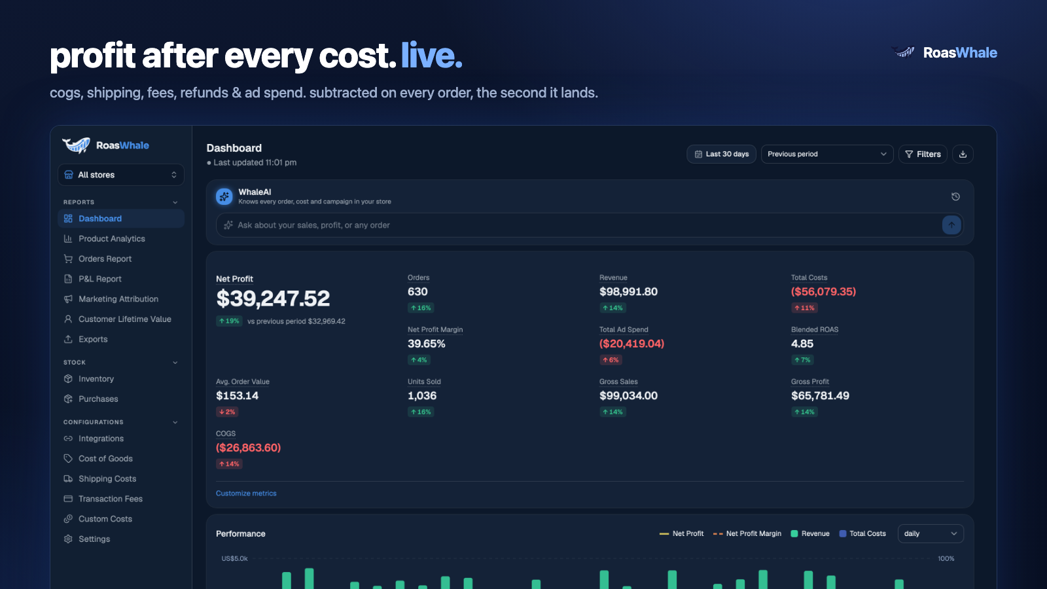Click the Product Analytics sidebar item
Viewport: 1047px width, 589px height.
[x=111, y=238]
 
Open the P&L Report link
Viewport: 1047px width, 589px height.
[x=99, y=279]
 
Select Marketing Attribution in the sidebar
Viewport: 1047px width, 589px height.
[x=118, y=298]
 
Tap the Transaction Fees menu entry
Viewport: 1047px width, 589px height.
[x=110, y=499]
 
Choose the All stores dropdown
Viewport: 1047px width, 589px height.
[x=120, y=175]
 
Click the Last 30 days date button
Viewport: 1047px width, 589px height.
[x=721, y=154]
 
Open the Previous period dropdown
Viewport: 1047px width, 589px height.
[x=827, y=154]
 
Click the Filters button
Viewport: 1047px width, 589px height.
[x=923, y=154]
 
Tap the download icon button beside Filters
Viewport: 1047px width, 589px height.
[x=963, y=154]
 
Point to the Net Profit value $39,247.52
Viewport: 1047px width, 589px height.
[x=273, y=298]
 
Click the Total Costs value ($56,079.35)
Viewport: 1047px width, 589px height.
[x=823, y=292]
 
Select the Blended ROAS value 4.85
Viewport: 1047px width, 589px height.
[x=802, y=344]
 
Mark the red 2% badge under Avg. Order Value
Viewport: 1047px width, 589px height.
[x=227, y=412]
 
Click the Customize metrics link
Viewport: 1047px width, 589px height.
[x=246, y=493]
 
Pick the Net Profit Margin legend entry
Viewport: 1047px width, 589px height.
[x=747, y=534]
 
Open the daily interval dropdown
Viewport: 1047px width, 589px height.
[x=930, y=534]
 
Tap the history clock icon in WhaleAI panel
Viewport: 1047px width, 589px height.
[x=955, y=197]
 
